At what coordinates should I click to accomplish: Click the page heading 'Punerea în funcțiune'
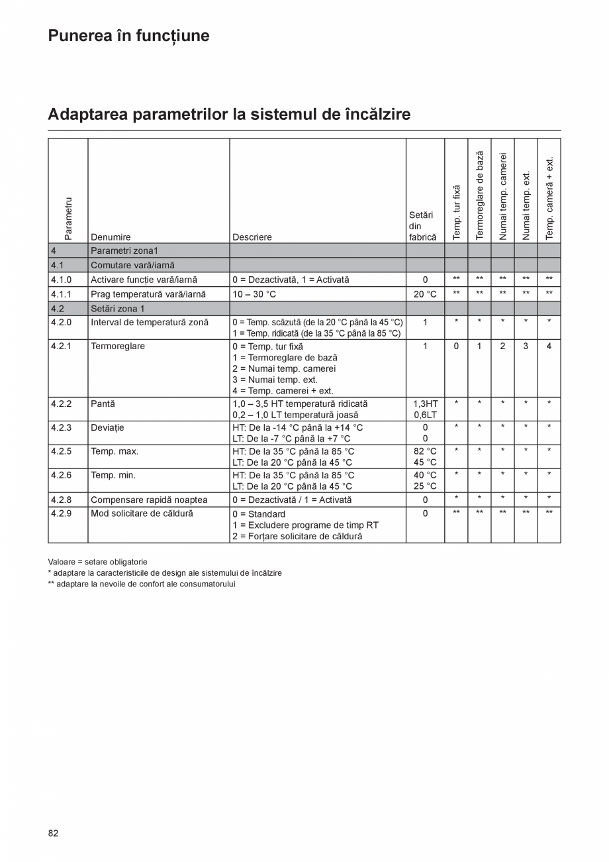[128, 36]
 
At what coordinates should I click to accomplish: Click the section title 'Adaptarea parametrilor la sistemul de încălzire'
[229, 115]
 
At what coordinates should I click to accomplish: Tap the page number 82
[53, 833]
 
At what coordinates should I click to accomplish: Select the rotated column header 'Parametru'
[68, 217]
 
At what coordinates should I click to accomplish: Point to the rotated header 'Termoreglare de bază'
[480, 195]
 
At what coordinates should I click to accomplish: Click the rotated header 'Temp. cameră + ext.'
[549, 198]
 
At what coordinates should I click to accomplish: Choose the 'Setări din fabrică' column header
[422, 226]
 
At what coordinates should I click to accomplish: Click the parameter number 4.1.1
[61, 294]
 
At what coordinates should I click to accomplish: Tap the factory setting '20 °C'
[425, 294]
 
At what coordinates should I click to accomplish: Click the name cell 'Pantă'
[103, 404]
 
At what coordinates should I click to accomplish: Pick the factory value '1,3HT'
[425, 404]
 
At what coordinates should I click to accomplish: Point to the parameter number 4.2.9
[61, 513]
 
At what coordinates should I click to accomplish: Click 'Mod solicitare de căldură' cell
[142, 513]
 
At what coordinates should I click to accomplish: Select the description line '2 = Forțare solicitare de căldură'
[297, 536]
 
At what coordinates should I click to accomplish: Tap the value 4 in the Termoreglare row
[549, 346]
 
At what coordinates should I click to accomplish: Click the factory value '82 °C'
[425, 451]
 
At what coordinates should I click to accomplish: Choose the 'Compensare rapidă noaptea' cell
[149, 500]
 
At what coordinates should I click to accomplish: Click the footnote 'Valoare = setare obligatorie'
[97, 562]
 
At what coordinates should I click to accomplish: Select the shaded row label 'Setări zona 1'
[117, 309]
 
